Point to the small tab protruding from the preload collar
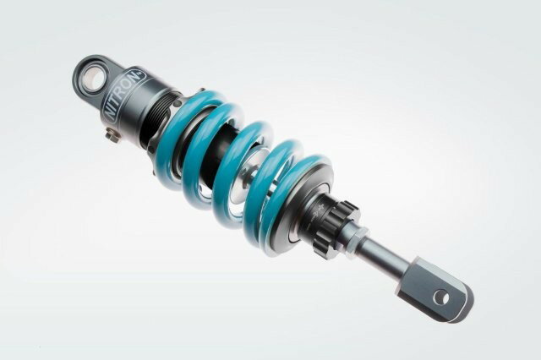[x=200, y=91]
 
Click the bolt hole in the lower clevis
[x=440, y=297]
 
